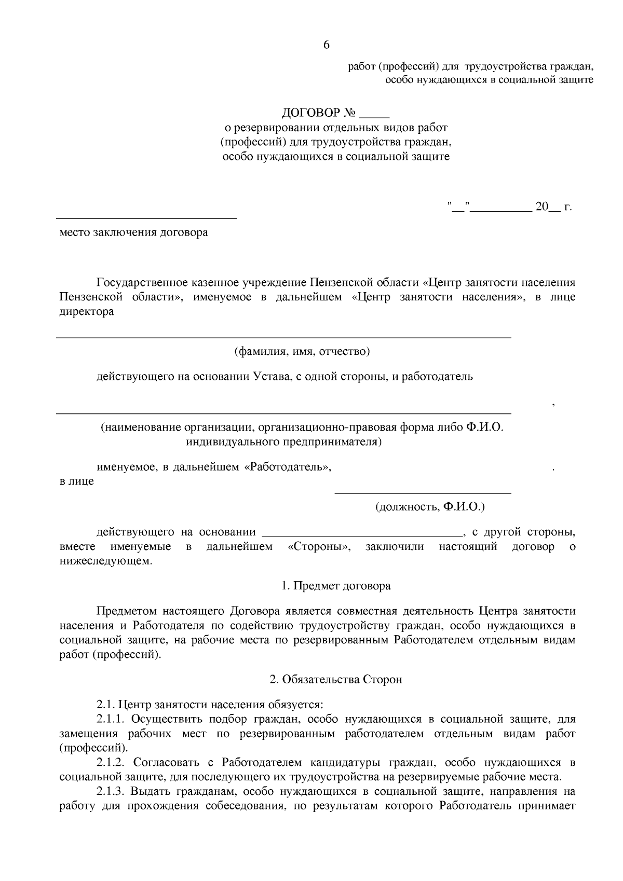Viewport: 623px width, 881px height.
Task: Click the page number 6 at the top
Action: [x=326, y=45]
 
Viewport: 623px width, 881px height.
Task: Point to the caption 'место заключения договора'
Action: [x=134, y=232]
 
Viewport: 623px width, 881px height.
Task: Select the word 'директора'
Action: [x=87, y=312]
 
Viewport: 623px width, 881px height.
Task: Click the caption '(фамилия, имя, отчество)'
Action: [x=302, y=352]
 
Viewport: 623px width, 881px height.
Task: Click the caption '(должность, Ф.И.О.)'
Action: [x=430, y=506]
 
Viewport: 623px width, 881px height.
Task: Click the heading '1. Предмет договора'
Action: [x=336, y=586]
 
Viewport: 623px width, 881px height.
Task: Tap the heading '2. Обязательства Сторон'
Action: [x=336, y=679]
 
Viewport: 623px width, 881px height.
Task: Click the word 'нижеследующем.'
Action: [x=106, y=561]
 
